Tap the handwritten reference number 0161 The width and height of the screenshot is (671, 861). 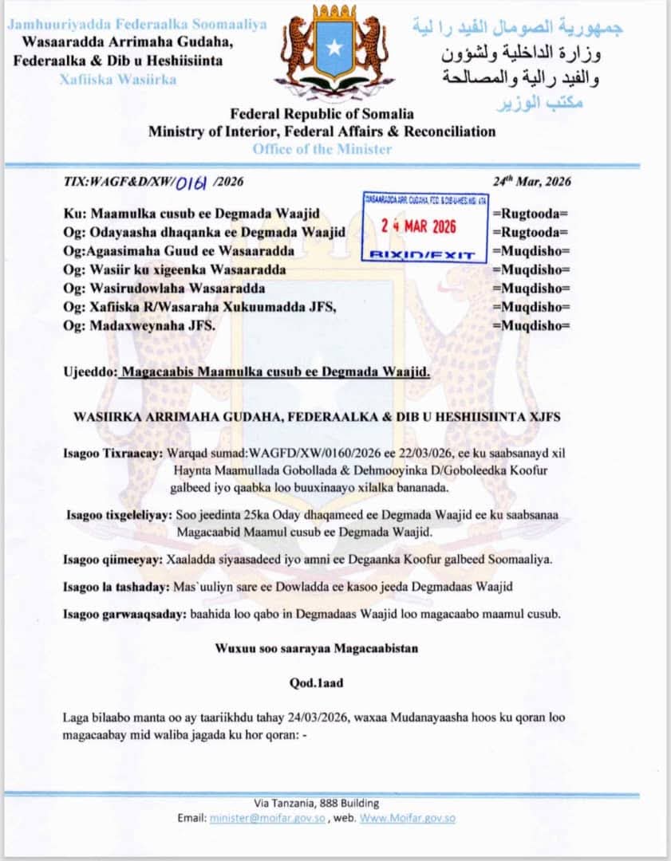(191, 182)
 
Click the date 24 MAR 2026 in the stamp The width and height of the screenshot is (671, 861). (419, 226)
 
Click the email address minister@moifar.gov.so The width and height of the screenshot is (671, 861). (267, 818)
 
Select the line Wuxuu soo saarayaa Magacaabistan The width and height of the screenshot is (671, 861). (317, 648)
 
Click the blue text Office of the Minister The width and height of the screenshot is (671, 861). (322, 149)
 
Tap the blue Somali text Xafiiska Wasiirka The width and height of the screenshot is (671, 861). (117, 79)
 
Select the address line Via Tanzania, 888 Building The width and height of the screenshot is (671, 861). (317, 804)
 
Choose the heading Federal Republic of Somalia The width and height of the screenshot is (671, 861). (322, 114)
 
